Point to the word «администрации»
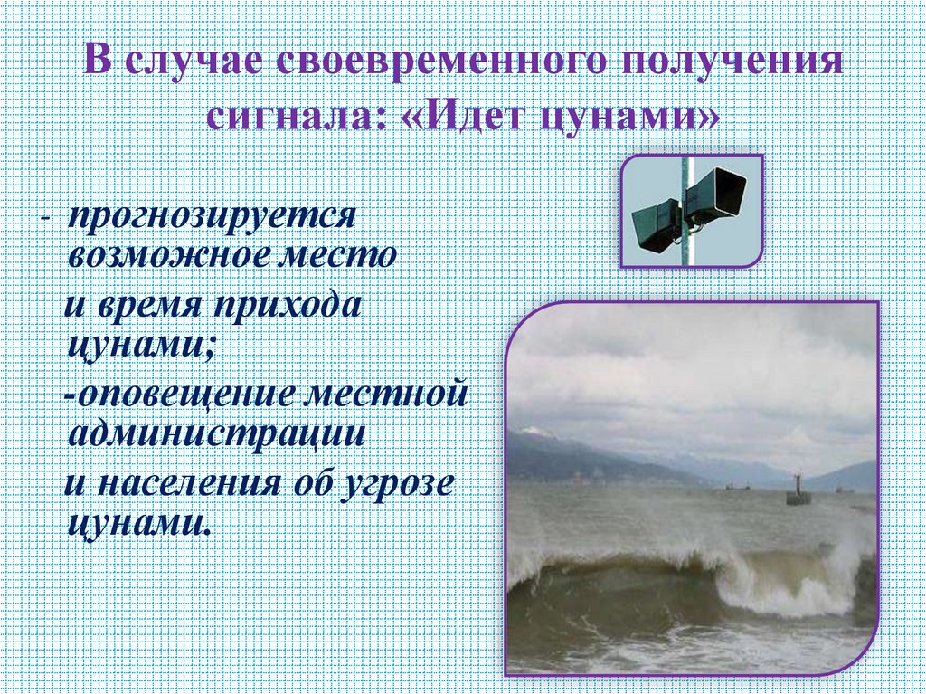pos(218,433)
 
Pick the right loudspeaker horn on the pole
pos(718,192)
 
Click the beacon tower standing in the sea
pos(796,490)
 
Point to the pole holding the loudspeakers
pos(686,249)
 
